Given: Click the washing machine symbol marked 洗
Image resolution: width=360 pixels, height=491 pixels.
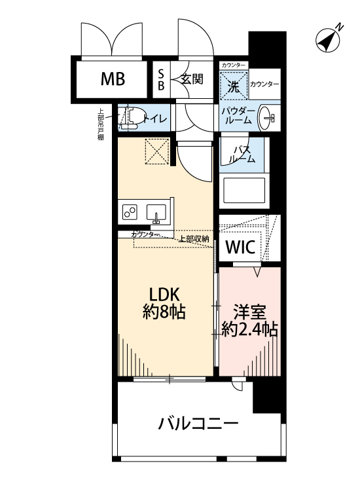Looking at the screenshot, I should (233, 84).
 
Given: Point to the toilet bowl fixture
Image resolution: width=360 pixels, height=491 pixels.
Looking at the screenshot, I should (133, 118).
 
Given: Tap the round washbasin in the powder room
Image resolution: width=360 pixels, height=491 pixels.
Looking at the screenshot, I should (268, 118).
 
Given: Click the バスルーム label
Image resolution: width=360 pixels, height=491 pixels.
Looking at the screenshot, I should (242, 155).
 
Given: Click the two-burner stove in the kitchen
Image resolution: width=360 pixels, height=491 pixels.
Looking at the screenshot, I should (130, 212).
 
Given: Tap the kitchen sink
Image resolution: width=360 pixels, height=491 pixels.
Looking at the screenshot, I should (156, 213).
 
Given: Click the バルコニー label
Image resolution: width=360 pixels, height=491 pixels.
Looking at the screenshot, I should (198, 424).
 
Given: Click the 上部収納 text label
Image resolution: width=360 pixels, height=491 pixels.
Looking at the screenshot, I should (193, 239).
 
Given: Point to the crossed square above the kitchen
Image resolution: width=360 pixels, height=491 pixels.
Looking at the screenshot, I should (157, 151).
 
